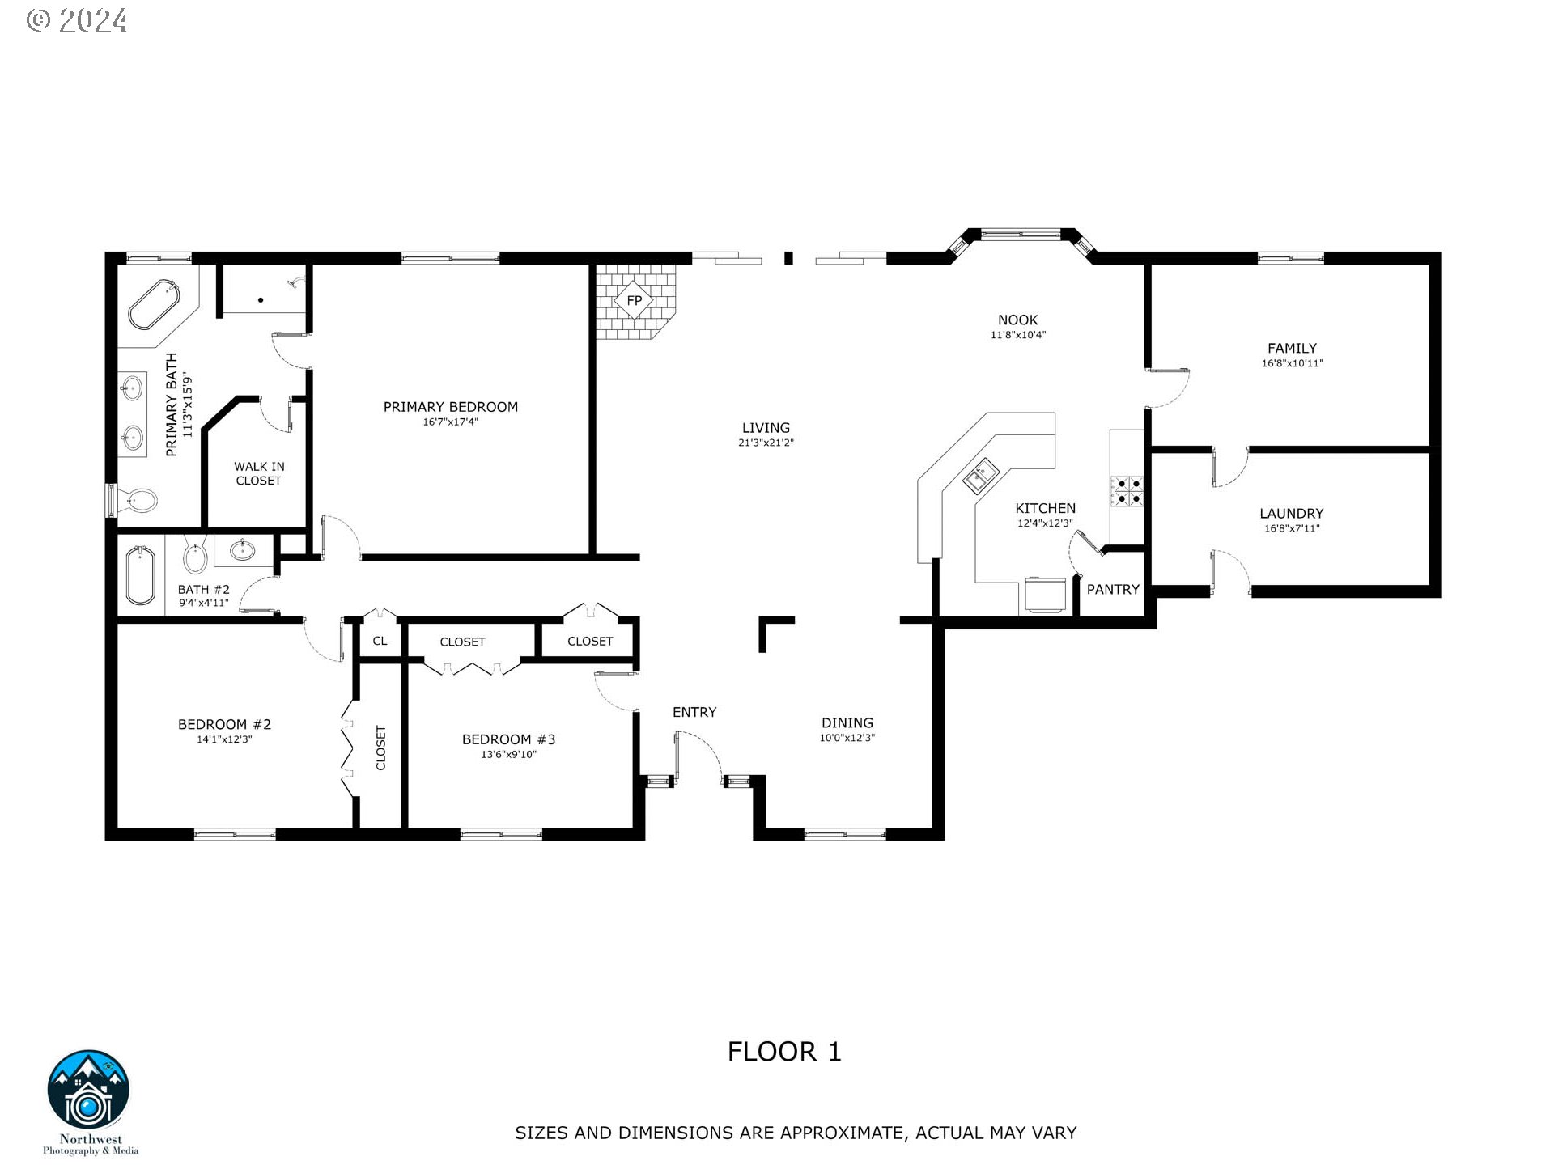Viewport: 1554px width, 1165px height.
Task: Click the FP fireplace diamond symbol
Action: tap(634, 301)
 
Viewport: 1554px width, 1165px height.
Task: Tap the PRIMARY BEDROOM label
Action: tap(450, 407)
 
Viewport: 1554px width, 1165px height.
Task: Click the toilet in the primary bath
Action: tap(138, 501)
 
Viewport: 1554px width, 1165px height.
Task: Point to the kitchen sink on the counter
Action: tap(981, 475)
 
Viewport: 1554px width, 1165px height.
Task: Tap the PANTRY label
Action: tap(1113, 590)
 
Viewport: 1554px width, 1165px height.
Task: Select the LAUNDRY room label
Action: tap(1291, 514)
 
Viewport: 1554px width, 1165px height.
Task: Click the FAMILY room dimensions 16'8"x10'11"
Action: tap(1292, 364)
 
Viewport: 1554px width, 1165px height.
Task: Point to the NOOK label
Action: tap(1017, 320)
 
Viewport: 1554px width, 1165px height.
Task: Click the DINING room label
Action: tap(847, 723)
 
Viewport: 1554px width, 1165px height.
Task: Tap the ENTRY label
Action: tap(694, 712)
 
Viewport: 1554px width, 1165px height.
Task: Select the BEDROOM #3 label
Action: tap(508, 739)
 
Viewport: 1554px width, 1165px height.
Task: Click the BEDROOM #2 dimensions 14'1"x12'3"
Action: tap(224, 739)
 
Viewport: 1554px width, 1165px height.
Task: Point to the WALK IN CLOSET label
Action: tap(259, 473)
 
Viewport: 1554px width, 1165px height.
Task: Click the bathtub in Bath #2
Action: tap(141, 575)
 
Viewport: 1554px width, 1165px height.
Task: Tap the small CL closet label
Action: tap(380, 641)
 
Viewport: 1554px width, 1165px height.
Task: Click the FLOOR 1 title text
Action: tap(784, 1052)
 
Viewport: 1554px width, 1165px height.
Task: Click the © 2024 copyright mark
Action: tap(77, 20)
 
